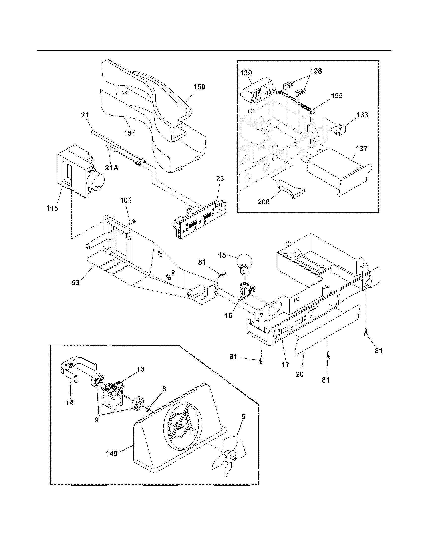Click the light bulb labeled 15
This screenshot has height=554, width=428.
pyautogui.click(x=244, y=263)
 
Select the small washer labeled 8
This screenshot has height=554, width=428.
pyautogui.click(x=147, y=409)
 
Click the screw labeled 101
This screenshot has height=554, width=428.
pyautogui.click(x=132, y=222)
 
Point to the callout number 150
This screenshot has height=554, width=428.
pyautogui.click(x=199, y=87)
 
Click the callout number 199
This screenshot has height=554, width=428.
pyautogui.click(x=336, y=96)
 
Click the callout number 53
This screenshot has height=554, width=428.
pyautogui.click(x=76, y=282)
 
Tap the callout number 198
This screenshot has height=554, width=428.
pyautogui.click(x=316, y=71)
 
